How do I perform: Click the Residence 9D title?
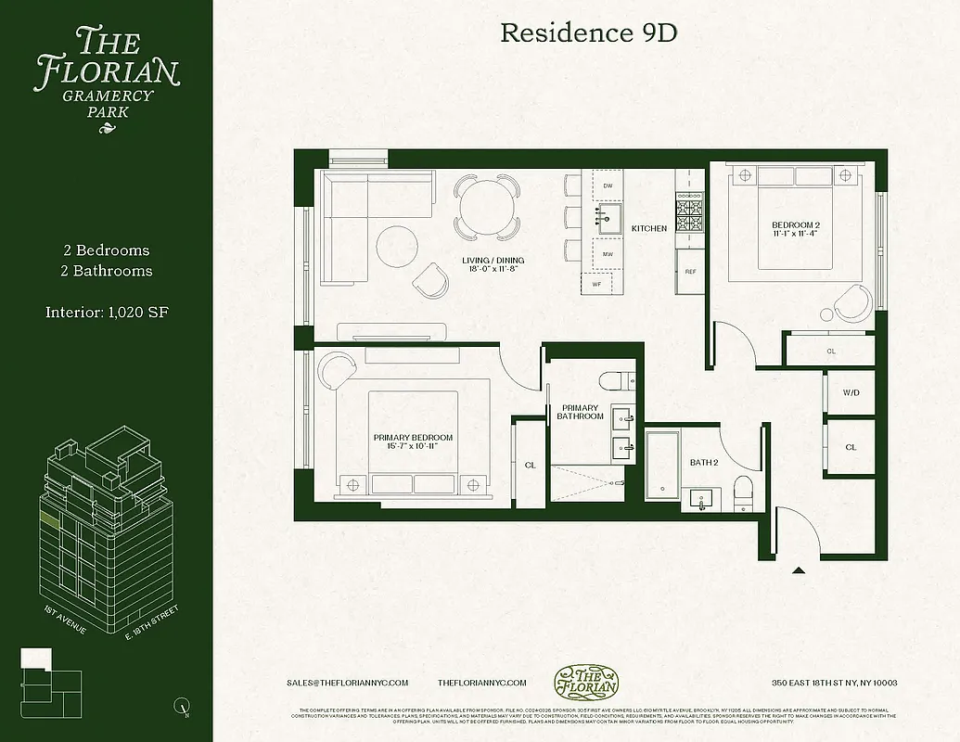(x=588, y=33)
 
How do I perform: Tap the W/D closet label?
(x=851, y=393)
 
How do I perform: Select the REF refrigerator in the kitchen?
(x=690, y=272)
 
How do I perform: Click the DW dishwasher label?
(x=608, y=186)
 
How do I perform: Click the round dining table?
(x=486, y=204)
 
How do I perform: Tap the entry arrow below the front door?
(x=798, y=571)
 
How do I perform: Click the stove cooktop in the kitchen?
(x=690, y=215)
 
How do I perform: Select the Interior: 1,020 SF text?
(x=107, y=312)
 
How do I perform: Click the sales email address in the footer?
(x=348, y=683)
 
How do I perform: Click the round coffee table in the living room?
(x=398, y=245)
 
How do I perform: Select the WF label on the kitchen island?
(x=596, y=286)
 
